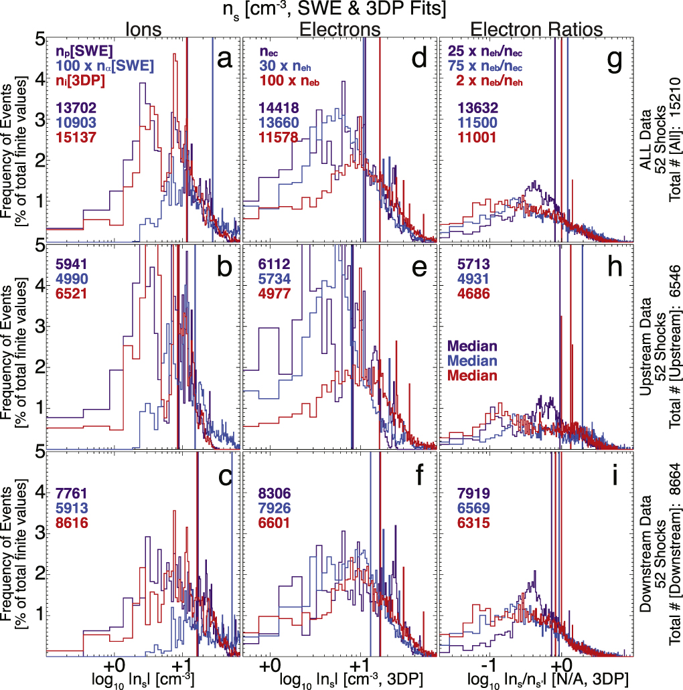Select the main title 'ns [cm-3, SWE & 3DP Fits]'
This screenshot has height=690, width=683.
[x=341, y=9]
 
